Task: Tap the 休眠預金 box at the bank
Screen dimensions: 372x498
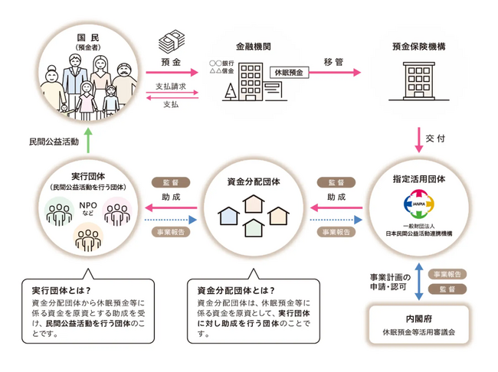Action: [288, 72]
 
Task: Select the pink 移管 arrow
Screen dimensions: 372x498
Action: [334, 73]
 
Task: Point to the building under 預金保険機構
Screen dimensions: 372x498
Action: [419, 83]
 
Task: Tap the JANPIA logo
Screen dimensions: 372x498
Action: [419, 204]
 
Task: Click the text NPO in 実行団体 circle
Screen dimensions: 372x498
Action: [87, 205]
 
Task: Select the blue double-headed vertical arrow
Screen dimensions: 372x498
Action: [416, 281]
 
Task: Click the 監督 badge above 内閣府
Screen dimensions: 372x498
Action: [447, 289]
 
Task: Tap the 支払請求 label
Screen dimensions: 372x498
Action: [171, 86]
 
